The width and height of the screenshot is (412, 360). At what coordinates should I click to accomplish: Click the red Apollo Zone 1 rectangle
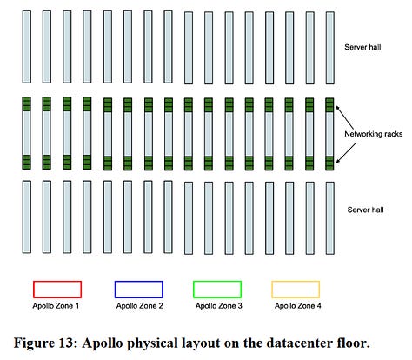[56, 289]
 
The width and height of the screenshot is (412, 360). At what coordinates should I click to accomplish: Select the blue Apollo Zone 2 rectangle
[138, 289]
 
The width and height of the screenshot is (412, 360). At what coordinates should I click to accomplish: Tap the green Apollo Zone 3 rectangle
[216, 289]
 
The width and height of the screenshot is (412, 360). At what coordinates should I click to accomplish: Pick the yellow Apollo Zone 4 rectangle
[296, 289]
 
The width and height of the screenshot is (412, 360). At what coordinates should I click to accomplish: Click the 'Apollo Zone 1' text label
[56, 306]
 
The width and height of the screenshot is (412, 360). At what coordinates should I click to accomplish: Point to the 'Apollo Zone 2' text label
[138, 306]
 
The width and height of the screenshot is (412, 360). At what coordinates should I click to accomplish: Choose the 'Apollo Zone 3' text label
[216, 306]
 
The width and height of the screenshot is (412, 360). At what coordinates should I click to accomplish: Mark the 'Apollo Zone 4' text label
[296, 306]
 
